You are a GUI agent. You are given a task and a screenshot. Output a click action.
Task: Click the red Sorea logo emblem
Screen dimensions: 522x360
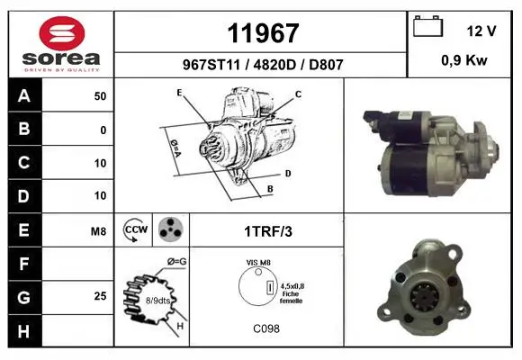click(x=62, y=33)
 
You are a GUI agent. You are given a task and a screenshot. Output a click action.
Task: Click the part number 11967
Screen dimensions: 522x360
click(x=263, y=33)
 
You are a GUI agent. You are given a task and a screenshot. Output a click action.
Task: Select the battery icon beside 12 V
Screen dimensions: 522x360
click(x=427, y=26)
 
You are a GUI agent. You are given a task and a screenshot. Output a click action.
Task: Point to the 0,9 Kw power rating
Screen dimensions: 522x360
click(x=464, y=60)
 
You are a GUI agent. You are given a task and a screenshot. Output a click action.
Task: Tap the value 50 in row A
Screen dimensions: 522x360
click(x=100, y=96)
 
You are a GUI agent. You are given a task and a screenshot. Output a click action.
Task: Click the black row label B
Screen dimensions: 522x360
click(x=25, y=129)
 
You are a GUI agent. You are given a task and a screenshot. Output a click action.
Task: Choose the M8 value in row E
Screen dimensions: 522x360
click(x=98, y=230)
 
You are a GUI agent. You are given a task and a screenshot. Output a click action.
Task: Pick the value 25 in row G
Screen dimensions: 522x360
click(x=100, y=296)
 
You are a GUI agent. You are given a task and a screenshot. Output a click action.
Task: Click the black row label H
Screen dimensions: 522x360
click(x=25, y=331)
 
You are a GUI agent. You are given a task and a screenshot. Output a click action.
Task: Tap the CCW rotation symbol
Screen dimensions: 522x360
click(x=135, y=229)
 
